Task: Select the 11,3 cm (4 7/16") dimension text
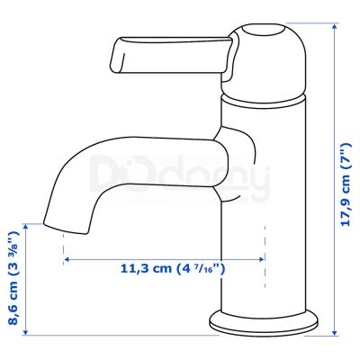coord(173,268)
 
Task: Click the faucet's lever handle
coord(171,57)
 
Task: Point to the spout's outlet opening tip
coord(66,228)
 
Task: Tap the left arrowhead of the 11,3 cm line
coord(67,259)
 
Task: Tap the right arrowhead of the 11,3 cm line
coord(261,259)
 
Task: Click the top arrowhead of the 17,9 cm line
coord(335,26)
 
